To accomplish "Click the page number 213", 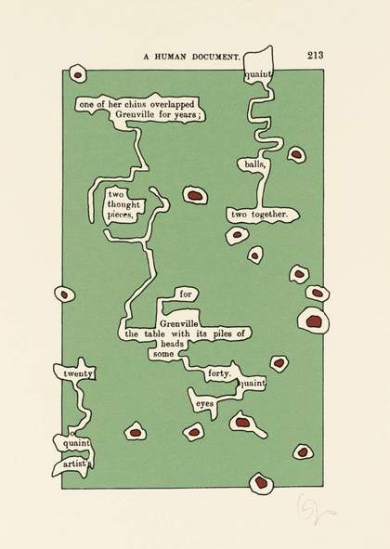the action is tap(316, 55).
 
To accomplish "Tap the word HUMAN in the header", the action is tap(171, 57).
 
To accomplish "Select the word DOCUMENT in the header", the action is tap(215, 57).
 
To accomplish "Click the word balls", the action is tap(254, 163).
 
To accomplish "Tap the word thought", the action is tap(123, 204).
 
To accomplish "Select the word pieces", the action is tap(121, 215).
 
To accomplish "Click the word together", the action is tap(269, 215).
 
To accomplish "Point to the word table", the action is tap(154, 333).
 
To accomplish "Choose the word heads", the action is tap(172, 344).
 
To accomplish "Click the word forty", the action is tap(219, 373).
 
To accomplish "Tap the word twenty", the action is tap(78, 374).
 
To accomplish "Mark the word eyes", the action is tap(205, 404).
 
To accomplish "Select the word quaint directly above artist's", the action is tap(77, 443).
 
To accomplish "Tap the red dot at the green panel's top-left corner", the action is tap(78, 75).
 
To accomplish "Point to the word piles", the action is tap(223, 333).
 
